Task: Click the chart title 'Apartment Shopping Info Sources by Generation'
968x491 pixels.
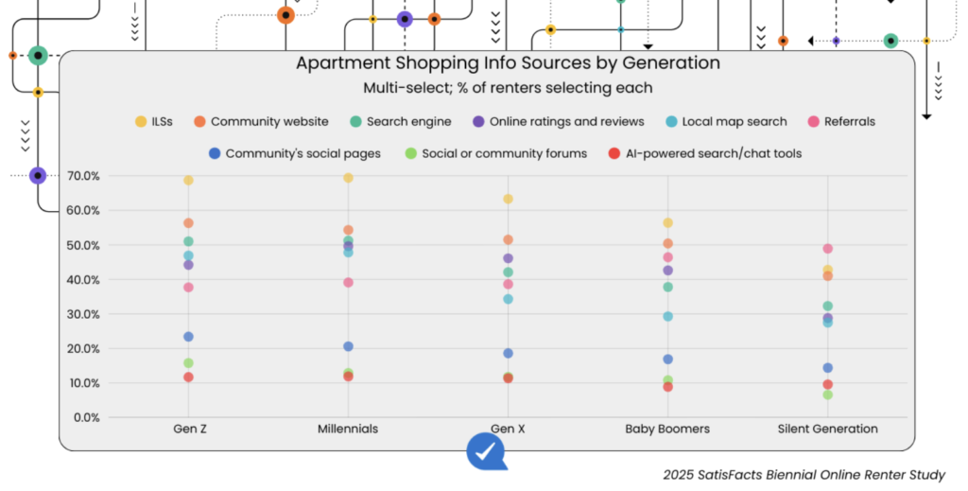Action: (x=508, y=63)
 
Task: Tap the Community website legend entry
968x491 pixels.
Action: (x=261, y=121)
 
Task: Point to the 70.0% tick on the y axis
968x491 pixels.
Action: (x=82, y=176)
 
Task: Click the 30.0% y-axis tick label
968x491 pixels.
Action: (x=82, y=314)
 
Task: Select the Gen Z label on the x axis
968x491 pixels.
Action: (x=188, y=429)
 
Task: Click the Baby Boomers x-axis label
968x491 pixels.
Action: (x=667, y=429)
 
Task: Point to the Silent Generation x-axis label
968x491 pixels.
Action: (x=827, y=429)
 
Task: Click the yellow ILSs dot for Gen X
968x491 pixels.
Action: (x=508, y=199)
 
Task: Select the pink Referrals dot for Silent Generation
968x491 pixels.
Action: (x=827, y=249)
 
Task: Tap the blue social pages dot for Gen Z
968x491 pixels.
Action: (x=188, y=337)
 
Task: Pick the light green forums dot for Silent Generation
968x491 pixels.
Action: (x=827, y=395)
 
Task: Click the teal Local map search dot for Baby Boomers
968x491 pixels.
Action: (x=667, y=316)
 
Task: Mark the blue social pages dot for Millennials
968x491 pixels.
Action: (x=348, y=346)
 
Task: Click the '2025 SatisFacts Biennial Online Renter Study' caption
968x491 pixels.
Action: (x=804, y=475)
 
